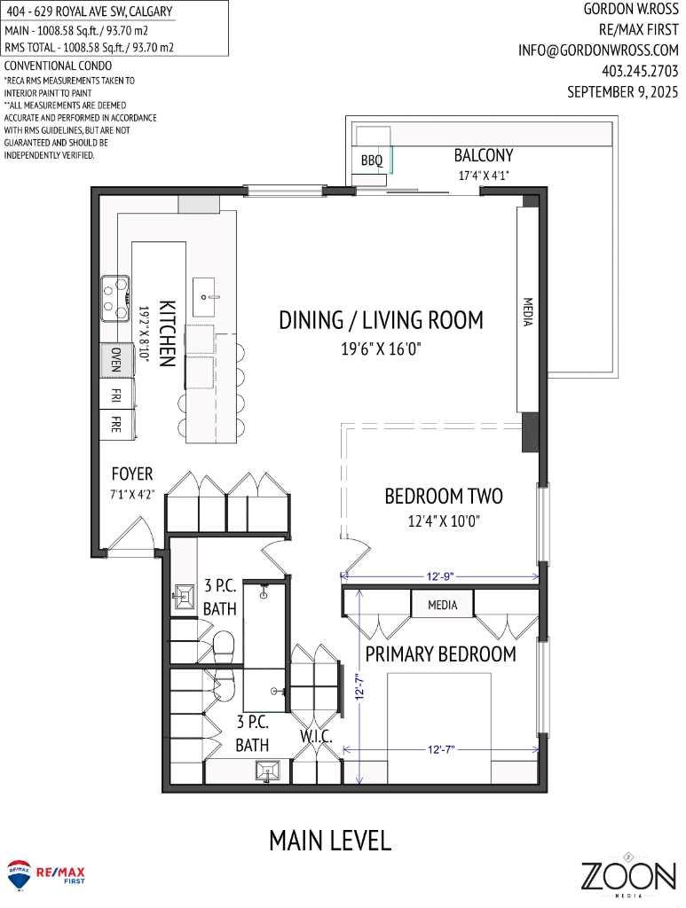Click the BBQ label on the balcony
point(372,160)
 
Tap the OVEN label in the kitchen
point(116,359)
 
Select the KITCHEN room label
point(165,333)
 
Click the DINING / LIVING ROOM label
point(381,320)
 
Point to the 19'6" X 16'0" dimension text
point(381,348)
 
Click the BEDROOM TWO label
point(444,496)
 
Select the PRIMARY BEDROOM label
point(441,654)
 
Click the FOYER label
point(132,474)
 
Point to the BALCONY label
point(484,155)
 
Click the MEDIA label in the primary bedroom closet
point(442,605)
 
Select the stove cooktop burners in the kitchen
point(114,298)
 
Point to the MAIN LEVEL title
point(330,840)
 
